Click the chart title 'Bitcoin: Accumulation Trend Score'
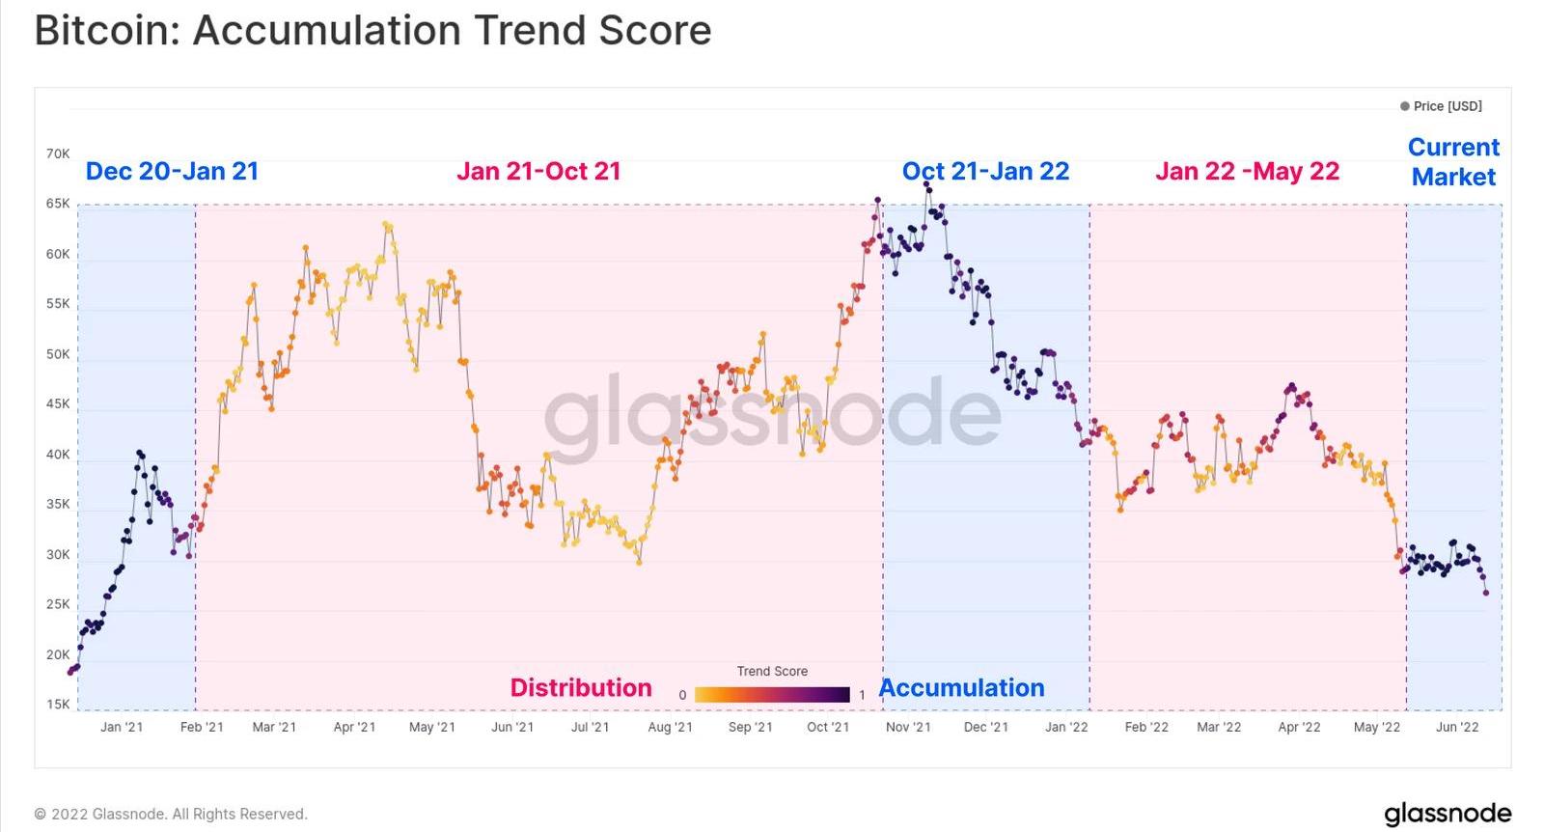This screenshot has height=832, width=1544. pos(372,31)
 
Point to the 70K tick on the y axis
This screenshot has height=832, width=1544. pos(58,153)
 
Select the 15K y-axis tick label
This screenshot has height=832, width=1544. pos(58,705)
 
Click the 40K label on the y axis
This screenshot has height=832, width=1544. pos(58,455)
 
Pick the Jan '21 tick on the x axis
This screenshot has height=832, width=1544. pos(122,727)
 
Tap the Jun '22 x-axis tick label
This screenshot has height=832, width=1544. pos(1456,727)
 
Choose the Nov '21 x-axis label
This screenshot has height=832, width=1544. pos(908,727)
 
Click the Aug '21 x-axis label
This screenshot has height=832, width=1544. pos(670,727)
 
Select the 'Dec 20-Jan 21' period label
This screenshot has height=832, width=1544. pos(172,171)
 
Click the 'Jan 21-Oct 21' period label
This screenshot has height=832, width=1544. pos(538,171)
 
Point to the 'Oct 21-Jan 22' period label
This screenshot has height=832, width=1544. pos(985,171)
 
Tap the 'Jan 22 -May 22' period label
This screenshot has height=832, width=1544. pos(1247,171)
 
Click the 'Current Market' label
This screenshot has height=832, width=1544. pos(1453,162)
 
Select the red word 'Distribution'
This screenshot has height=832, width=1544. pos(581,687)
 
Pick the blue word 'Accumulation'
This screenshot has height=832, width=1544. pos(961,687)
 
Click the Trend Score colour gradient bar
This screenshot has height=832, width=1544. pos(772,695)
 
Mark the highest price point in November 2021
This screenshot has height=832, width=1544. pos(926,183)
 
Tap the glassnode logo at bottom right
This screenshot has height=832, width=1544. pos(1447,813)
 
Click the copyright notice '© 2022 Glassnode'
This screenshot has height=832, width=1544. pos(171,814)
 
